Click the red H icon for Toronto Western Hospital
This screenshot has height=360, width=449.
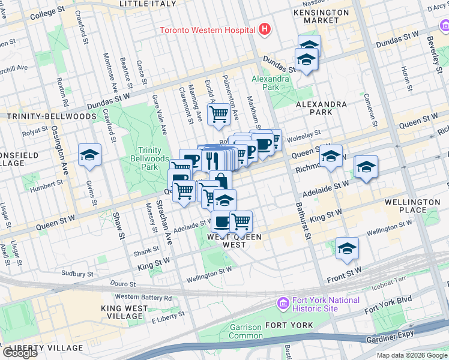(264, 29)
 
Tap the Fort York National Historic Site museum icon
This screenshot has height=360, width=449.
(283, 304)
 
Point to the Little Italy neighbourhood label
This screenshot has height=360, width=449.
(148, 4)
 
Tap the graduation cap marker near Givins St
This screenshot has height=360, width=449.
(89, 155)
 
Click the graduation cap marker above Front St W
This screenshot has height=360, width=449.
(347, 247)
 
